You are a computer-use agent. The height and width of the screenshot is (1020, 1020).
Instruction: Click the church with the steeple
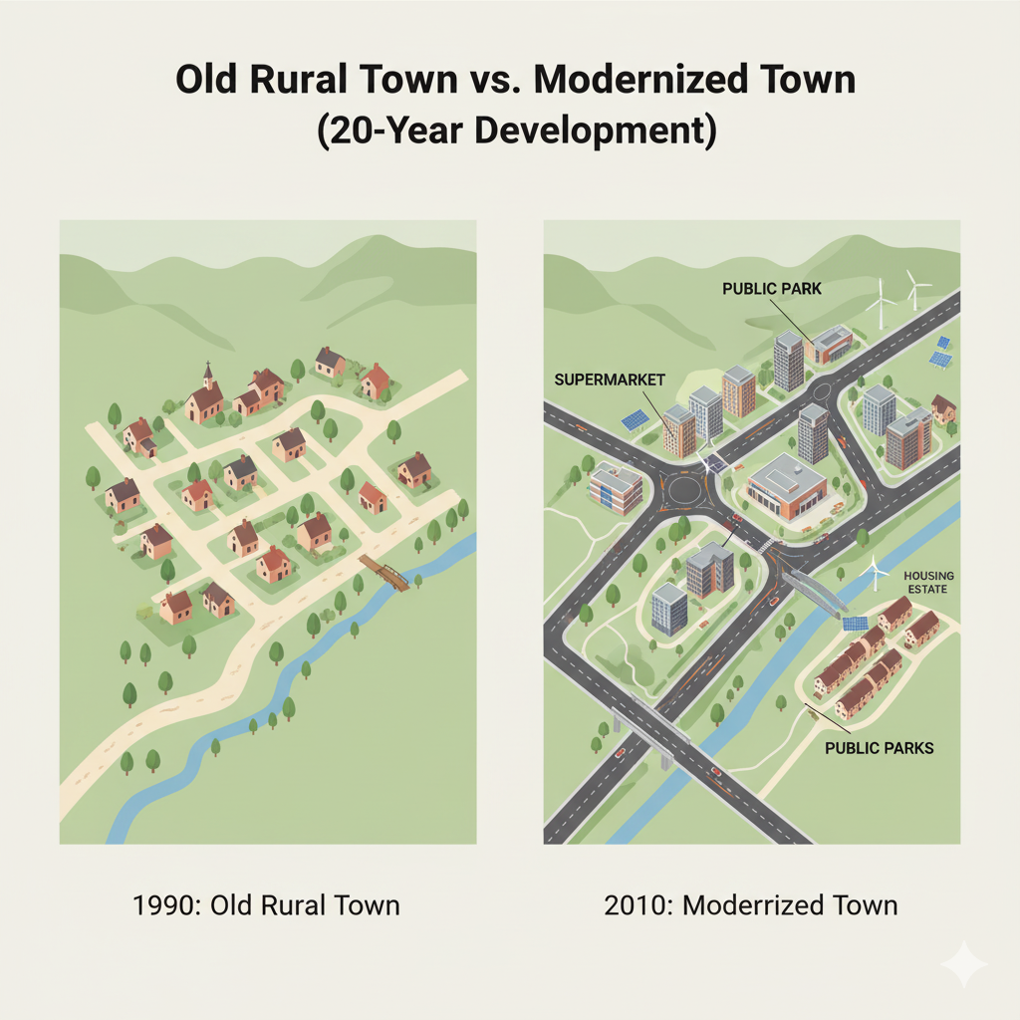click(205, 396)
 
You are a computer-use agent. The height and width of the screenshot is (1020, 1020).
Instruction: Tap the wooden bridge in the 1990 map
click(385, 574)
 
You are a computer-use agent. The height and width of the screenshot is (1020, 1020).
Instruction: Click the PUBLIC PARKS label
click(880, 747)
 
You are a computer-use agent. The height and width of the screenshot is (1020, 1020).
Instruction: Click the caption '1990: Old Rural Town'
click(266, 905)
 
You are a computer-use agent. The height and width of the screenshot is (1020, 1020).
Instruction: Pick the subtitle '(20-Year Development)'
click(516, 131)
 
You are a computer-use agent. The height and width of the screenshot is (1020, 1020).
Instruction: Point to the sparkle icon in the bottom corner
click(963, 964)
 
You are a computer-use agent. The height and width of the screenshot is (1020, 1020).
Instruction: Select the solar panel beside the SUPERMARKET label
click(635, 420)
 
